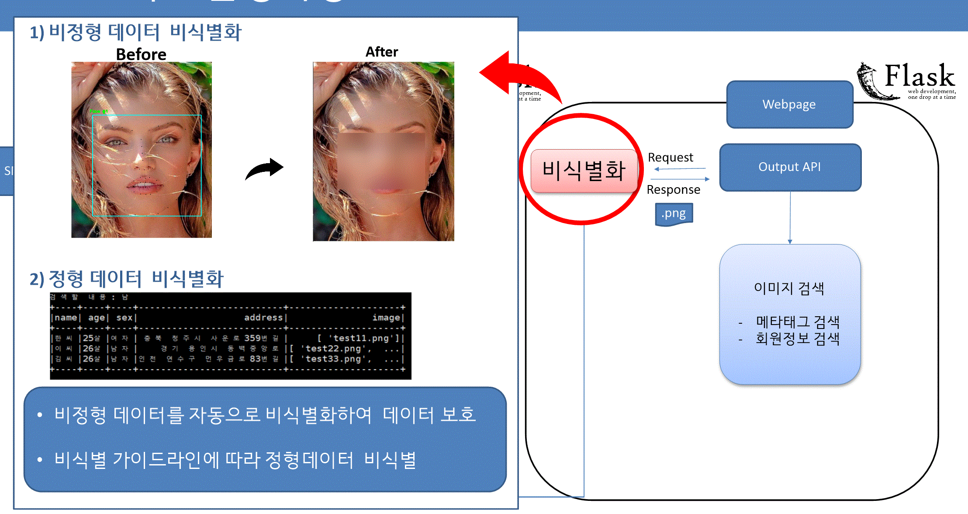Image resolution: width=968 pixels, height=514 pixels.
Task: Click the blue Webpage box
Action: pyautogui.click(x=789, y=105)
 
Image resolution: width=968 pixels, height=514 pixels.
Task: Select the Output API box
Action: pyautogui.click(x=790, y=167)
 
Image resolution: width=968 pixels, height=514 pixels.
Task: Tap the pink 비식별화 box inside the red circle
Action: pyautogui.click(x=584, y=171)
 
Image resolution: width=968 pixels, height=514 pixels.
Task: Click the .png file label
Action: pyautogui.click(x=674, y=214)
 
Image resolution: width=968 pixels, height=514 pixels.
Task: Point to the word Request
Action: pyautogui.click(x=671, y=157)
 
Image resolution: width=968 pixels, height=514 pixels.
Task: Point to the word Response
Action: pyautogui.click(x=673, y=190)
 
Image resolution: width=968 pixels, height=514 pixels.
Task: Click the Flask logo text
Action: pyautogui.click(x=919, y=76)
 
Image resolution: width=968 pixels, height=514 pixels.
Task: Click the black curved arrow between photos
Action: pyautogui.click(x=265, y=168)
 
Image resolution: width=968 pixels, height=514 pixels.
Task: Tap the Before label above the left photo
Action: pyautogui.click(x=141, y=55)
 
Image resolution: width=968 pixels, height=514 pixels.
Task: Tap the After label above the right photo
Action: pyautogui.click(x=382, y=52)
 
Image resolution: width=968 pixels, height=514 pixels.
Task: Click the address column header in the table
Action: pyautogui.click(x=263, y=318)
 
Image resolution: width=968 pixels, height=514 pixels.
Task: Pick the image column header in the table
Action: pyautogui.click(x=386, y=318)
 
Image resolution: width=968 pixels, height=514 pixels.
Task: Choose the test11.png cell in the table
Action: pyautogui.click(x=360, y=338)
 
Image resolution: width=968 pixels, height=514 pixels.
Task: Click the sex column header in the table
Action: pyautogui.click(x=124, y=318)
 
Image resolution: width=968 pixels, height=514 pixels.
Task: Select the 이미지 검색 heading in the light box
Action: pyautogui.click(x=789, y=288)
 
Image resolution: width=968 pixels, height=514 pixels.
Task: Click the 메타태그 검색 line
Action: pyautogui.click(x=798, y=322)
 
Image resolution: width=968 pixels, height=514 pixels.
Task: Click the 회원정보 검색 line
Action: pyautogui.click(x=798, y=339)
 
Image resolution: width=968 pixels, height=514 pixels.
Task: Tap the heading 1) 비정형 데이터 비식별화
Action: pyautogui.click(x=135, y=33)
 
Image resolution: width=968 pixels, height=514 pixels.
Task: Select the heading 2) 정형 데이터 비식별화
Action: pyautogui.click(x=127, y=279)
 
